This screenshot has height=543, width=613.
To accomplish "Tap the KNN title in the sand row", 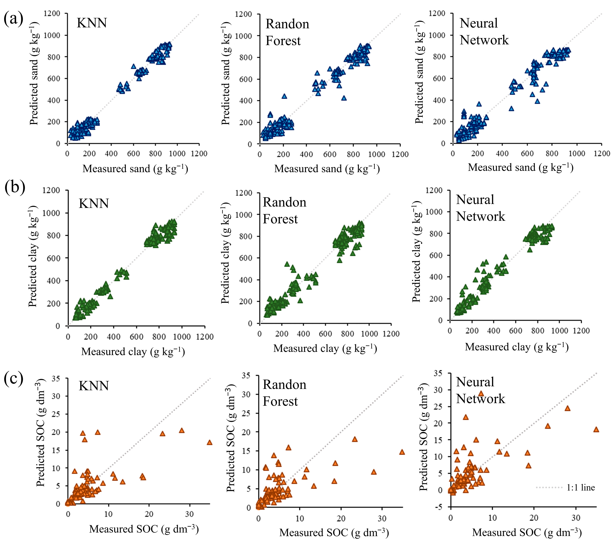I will tap(92, 23).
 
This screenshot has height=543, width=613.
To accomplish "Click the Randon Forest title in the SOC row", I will tap(284, 393).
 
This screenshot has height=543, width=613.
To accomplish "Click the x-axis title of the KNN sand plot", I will tap(135, 169).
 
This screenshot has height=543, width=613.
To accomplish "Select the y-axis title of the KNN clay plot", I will tap(33, 256).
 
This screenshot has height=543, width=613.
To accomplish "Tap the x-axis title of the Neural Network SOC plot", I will tap(527, 533).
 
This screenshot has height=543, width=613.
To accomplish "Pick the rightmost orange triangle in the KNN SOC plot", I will tap(209, 442).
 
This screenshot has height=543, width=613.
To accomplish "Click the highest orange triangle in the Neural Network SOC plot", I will tap(481, 393).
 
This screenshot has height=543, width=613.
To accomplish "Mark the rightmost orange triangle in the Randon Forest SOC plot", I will tap(402, 452).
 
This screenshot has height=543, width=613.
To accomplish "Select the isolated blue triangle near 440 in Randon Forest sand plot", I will tap(284, 96).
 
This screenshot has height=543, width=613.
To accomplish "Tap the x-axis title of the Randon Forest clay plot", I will tap(325, 348).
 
